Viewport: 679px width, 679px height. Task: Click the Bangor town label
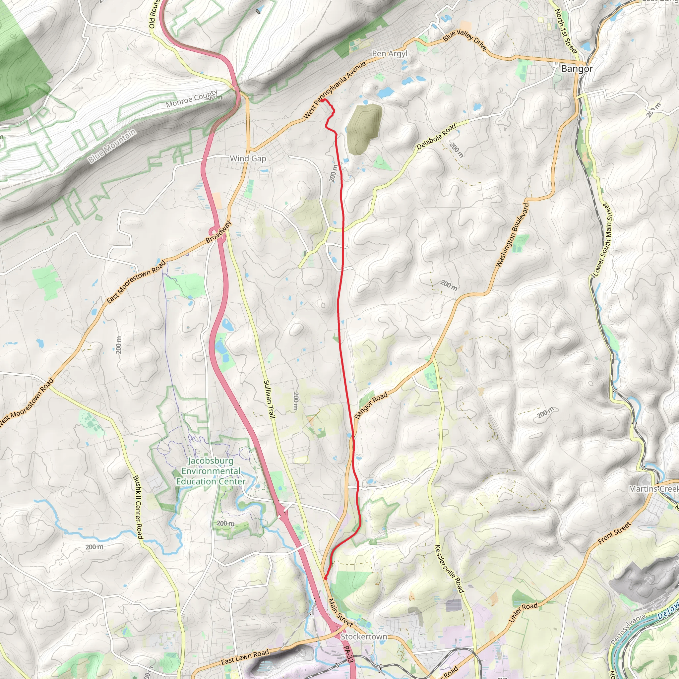[577, 69]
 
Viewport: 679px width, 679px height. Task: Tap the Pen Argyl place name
[390, 53]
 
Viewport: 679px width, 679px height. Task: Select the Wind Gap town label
[248, 158]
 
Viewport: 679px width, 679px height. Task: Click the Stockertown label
[364, 637]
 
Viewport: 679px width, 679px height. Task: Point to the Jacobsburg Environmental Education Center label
[211, 471]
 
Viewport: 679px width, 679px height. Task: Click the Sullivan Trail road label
[269, 399]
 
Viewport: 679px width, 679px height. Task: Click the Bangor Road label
[370, 405]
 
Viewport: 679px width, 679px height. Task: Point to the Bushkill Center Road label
[138, 507]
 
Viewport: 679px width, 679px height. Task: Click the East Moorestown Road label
[136, 281]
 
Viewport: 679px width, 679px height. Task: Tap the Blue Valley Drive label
[464, 40]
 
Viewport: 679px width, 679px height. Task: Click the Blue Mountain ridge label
[112, 146]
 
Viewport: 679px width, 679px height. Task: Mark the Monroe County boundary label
[192, 99]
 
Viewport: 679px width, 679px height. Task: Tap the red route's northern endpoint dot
[322, 100]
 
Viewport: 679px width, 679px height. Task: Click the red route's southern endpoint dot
[326, 578]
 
